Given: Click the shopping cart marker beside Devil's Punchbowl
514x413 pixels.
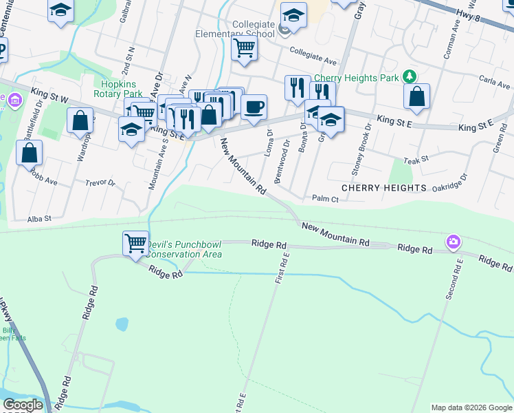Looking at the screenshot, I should (x=135, y=243).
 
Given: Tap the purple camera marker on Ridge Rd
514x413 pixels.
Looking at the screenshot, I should (x=453, y=241).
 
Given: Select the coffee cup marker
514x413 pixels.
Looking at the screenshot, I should (x=254, y=107).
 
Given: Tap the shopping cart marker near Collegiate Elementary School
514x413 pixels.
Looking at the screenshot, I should (x=244, y=49).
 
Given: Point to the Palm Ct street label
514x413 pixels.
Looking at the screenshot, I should (x=325, y=199).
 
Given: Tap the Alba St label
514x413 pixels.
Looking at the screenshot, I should (x=39, y=218).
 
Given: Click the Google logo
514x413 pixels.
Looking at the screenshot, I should (x=23, y=405).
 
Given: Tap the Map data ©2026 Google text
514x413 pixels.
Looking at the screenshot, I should (x=471, y=407).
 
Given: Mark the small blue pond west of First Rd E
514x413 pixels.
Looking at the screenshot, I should (x=122, y=324).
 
